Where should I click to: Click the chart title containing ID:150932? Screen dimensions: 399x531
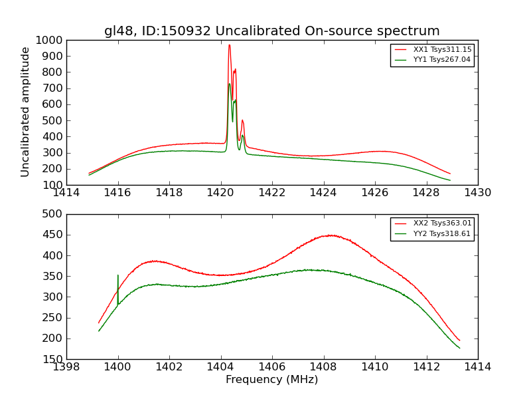(x=271, y=31)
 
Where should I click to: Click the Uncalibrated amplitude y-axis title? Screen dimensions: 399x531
(x=25, y=112)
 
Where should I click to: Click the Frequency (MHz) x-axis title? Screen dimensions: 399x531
(x=271, y=380)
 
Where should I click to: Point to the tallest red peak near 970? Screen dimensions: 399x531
(x=229, y=45)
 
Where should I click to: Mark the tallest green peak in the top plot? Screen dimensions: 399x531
(x=229, y=84)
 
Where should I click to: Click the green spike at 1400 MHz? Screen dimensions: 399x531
(x=118, y=276)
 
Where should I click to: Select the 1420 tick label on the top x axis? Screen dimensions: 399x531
(x=220, y=193)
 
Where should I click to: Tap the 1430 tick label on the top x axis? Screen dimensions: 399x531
(x=477, y=193)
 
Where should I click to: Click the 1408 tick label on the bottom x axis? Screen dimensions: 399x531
(x=323, y=367)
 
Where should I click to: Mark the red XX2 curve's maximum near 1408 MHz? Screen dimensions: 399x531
(x=329, y=235)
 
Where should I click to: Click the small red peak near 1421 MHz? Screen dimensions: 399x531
(x=242, y=120)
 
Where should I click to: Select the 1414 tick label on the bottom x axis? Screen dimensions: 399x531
(x=477, y=367)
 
